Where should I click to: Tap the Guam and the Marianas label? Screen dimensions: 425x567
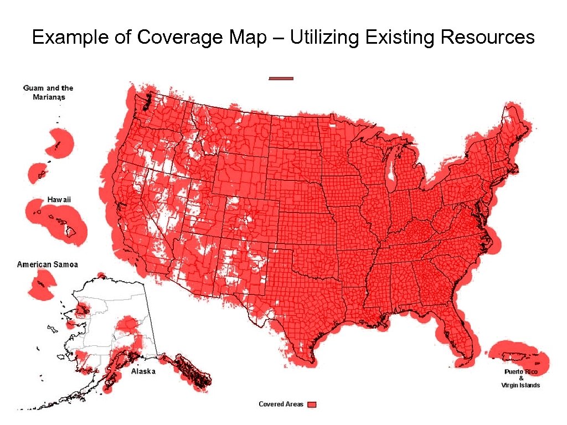pos(48,92)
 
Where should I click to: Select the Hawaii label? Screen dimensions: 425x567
pos(59,199)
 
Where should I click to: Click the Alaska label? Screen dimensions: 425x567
pos(143,372)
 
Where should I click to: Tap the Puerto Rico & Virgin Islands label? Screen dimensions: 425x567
pos(520,378)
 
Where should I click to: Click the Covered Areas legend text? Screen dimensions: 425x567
pos(281,405)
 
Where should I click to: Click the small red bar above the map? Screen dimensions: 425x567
pos(281,79)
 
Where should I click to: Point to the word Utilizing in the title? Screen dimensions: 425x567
pos(323,38)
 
